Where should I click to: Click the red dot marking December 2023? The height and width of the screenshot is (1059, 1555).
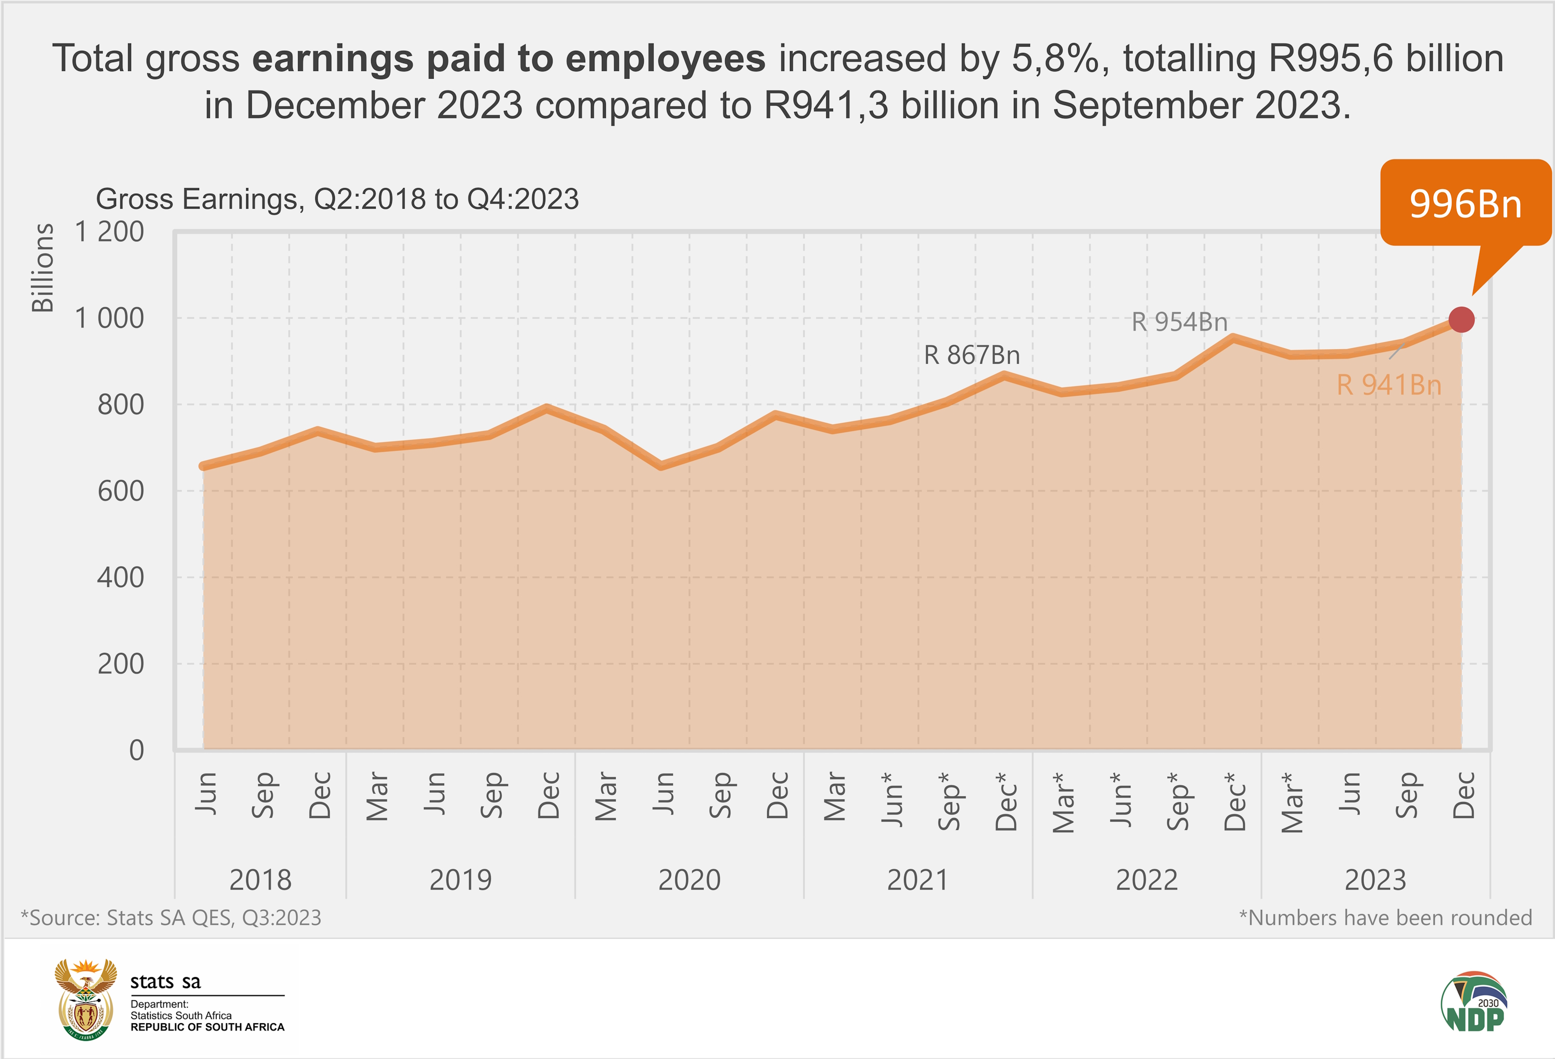coord(1461,320)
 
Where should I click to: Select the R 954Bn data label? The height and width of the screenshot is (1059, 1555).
coord(1179,322)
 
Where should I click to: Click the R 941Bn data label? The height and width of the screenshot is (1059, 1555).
coord(1389,384)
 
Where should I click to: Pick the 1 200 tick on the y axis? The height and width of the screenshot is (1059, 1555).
coord(109,232)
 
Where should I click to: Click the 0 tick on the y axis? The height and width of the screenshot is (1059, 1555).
coord(136,750)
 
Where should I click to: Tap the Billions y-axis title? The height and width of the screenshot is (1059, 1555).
coord(43,267)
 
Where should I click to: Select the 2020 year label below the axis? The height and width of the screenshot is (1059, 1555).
coord(689,879)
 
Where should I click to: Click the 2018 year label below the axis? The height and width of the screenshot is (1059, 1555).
coord(260,879)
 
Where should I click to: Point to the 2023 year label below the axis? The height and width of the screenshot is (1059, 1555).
coord(1375,879)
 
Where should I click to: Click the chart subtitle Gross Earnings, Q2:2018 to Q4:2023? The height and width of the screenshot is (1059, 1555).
coord(337,198)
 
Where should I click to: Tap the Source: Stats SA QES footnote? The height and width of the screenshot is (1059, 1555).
coord(171,917)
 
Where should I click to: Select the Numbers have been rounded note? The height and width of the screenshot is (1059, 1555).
coord(1385,917)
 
